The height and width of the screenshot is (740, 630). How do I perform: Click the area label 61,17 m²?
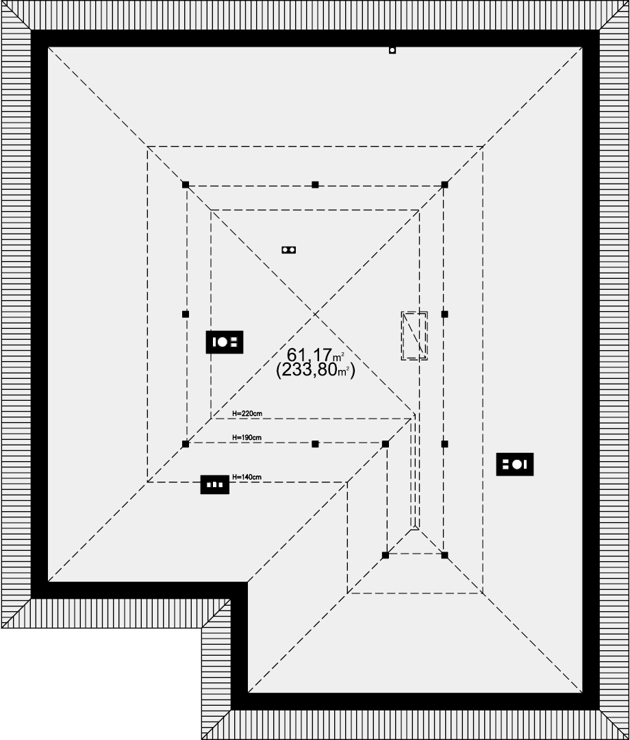(316, 355)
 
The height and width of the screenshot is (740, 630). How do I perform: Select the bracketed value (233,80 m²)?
(316, 370)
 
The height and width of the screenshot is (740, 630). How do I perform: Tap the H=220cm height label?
(247, 413)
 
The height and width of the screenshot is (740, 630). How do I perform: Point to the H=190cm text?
(247, 437)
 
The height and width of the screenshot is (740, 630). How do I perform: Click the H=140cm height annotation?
(247, 477)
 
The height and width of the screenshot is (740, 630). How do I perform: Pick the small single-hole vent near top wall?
(392, 50)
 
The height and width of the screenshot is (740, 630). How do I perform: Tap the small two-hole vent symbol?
(288, 249)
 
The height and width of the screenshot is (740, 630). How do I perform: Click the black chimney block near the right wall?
(515, 465)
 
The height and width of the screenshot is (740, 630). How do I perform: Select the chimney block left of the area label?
(225, 342)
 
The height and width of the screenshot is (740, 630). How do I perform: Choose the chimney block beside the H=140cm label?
(215, 484)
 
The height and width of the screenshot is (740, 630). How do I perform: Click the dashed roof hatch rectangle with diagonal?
(414, 336)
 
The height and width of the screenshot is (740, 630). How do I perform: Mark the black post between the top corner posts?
(315, 184)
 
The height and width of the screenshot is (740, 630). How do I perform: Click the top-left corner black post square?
(186, 184)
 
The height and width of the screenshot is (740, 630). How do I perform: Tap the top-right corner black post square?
(444, 184)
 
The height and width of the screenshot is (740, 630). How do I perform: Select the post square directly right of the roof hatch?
(444, 314)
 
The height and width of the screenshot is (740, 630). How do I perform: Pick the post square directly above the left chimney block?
(186, 314)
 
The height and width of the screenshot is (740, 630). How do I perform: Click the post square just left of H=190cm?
(186, 444)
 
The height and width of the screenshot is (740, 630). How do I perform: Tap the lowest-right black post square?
(444, 556)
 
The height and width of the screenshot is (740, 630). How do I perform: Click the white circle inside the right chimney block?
(517, 465)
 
